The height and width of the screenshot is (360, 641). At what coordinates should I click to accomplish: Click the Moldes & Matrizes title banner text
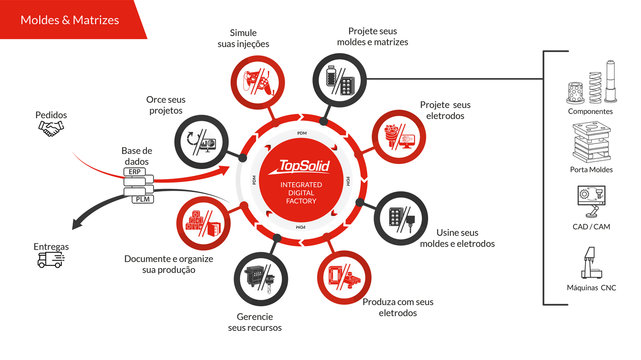tap(69, 20)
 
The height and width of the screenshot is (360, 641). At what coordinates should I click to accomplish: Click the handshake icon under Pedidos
tap(51, 129)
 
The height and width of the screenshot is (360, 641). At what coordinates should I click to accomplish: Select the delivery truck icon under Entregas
tap(51, 260)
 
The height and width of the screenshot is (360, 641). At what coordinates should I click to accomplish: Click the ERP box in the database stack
tap(134, 172)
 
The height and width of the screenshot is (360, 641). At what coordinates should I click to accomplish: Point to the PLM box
tap(143, 199)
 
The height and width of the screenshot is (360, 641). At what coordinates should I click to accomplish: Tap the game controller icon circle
tap(257, 82)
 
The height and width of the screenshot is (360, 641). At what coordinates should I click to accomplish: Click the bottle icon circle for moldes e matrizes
tap(340, 80)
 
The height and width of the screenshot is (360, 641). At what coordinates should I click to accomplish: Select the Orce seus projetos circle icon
tap(201, 142)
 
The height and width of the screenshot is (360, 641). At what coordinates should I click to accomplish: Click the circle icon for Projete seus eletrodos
tap(399, 137)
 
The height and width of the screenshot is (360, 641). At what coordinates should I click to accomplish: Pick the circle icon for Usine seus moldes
tap(401, 218)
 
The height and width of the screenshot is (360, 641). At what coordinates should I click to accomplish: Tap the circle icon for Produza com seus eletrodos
tap(344, 278)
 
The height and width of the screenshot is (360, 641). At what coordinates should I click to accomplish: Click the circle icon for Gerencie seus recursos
tap(261, 279)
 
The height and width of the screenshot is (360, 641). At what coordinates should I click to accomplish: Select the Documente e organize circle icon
tap(203, 224)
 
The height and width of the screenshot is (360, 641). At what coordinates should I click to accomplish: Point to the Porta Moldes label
tap(591, 170)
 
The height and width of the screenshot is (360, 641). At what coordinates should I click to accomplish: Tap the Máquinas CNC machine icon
tap(591, 263)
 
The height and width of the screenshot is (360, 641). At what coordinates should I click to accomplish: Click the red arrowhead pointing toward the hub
tap(225, 170)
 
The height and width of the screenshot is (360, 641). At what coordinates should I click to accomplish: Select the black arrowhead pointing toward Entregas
tap(77, 224)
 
